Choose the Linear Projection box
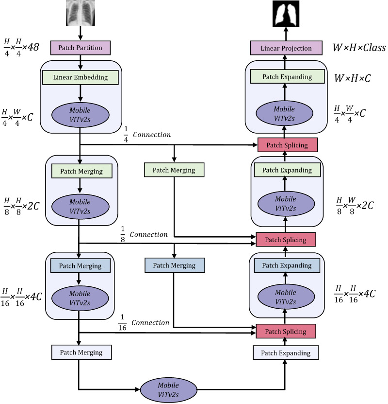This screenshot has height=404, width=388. (286, 48)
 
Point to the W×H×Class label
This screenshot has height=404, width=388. (358, 48)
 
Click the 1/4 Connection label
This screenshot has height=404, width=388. (145, 135)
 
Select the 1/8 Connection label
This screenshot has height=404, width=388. (144, 234)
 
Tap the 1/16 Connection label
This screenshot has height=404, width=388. (144, 323)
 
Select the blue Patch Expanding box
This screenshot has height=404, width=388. (286, 265)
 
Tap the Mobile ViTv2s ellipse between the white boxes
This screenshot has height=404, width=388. (169, 388)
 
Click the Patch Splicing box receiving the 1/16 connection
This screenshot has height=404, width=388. (286, 332)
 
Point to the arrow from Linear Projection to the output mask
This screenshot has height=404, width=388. (286, 35)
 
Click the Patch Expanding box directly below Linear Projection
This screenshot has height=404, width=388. (286, 77)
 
